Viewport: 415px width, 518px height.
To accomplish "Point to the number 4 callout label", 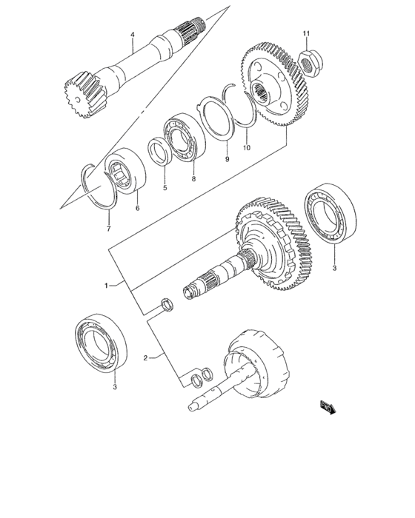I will tap(132, 35).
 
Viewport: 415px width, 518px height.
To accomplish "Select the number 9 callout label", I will tap(227, 159).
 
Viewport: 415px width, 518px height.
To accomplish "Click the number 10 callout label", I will tap(246, 147).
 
